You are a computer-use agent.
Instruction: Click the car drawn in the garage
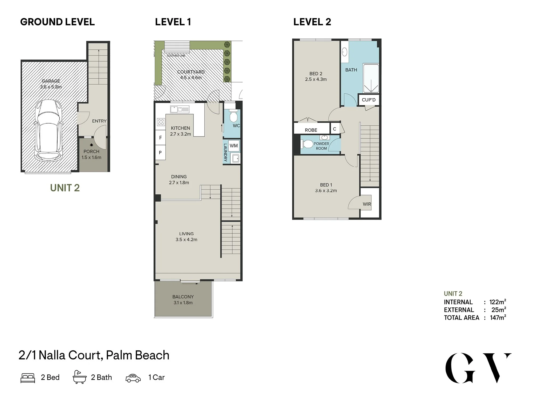pyautogui.click(x=49, y=130)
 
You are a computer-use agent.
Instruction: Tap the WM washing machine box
pyautogui.click(x=234, y=146)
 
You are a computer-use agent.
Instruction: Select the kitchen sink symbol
pyautogui.click(x=180, y=109)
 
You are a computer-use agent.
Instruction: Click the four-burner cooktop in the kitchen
pyautogui.click(x=161, y=122)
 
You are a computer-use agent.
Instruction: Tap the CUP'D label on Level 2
pyautogui.click(x=369, y=100)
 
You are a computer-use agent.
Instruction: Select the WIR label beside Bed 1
pyautogui.click(x=367, y=204)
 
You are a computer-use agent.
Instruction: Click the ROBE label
pyautogui.click(x=311, y=130)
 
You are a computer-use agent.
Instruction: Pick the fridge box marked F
pyautogui.click(x=160, y=138)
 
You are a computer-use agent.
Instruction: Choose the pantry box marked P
pyautogui.click(x=160, y=153)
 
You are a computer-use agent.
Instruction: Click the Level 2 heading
pyautogui.click(x=312, y=22)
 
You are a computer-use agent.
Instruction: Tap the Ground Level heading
pyautogui.click(x=58, y=22)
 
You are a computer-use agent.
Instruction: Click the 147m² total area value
pyautogui.click(x=498, y=317)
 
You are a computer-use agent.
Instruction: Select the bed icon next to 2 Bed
pyautogui.click(x=28, y=378)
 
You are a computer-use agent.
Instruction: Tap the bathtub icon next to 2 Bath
pyautogui.click(x=79, y=377)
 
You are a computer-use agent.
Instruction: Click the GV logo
pyautogui.click(x=478, y=368)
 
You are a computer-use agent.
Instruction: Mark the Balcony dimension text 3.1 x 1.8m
pyautogui.click(x=183, y=303)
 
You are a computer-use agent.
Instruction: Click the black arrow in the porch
pyautogui.click(x=91, y=145)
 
